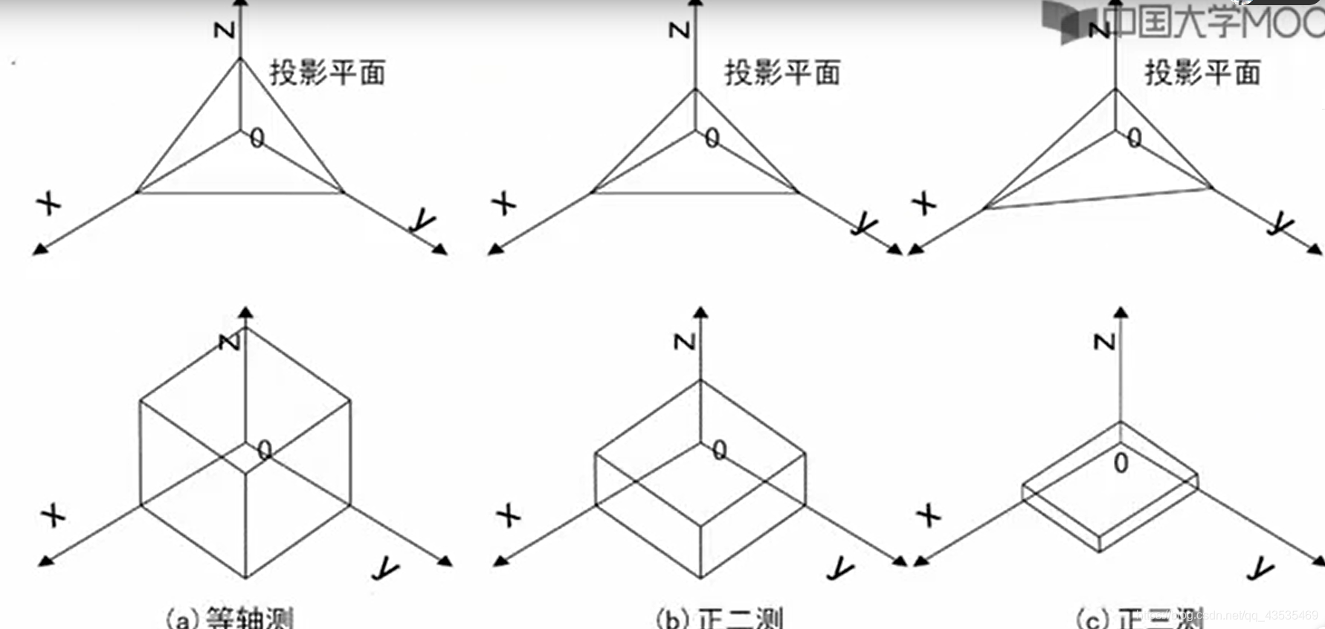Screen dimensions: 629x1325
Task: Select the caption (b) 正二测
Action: coord(720,617)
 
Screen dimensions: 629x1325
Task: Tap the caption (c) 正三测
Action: coord(1138,617)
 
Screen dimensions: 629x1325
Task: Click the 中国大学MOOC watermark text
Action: coord(1212,20)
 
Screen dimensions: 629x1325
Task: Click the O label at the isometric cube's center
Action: coord(264,450)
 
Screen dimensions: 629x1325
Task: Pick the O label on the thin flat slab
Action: coord(1121,463)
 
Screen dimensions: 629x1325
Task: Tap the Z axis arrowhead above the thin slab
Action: coord(1121,312)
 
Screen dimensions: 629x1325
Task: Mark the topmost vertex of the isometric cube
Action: coord(246,328)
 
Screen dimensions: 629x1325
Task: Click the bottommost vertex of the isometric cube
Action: coord(246,578)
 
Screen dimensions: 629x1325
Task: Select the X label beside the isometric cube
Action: coord(53,515)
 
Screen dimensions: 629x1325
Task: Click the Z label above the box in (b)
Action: coord(683,341)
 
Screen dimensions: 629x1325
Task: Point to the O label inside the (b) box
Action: coord(719,450)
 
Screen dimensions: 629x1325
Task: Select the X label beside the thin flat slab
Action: coord(928,515)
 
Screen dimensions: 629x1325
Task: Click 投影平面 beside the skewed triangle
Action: coord(1202,73)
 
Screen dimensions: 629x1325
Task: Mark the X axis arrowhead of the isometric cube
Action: coord(45,561)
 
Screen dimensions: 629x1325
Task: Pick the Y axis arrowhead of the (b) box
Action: coord(900,561)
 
